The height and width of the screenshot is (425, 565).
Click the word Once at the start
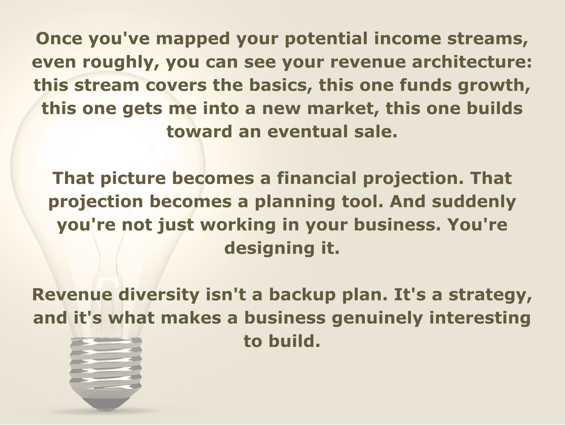(x=59, y=38)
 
